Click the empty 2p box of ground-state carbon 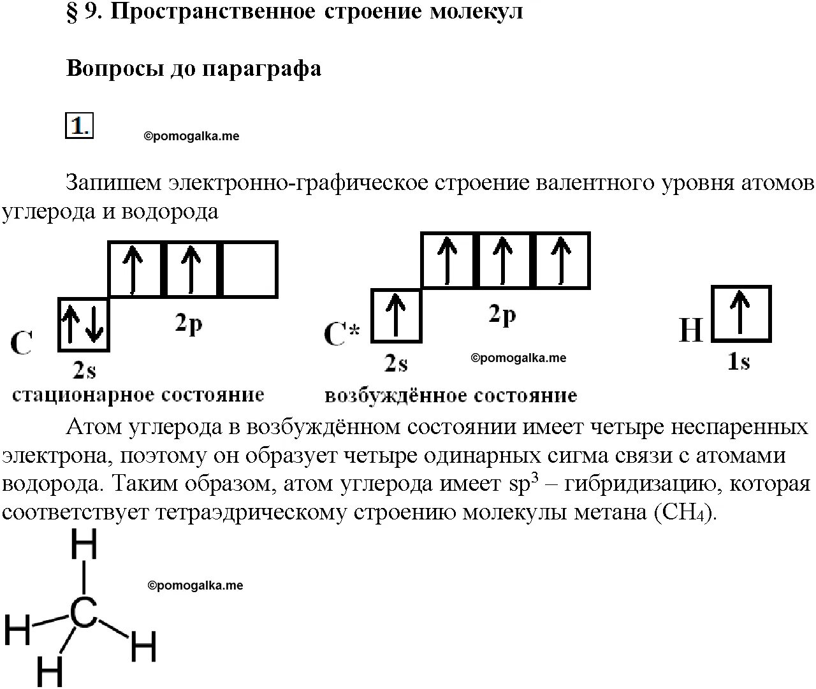point(249,269)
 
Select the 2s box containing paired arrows point(84,324)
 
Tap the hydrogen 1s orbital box point(741,314)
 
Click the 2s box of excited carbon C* point(396,315)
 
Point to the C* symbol point(342,333)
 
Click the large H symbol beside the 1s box point(690,330)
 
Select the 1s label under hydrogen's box point(739,362)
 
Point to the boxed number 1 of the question point(79,126)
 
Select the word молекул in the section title point(476,11)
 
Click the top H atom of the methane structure point(84,546)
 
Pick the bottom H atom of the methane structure point(50,671)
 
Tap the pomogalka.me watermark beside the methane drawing point(195,585)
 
